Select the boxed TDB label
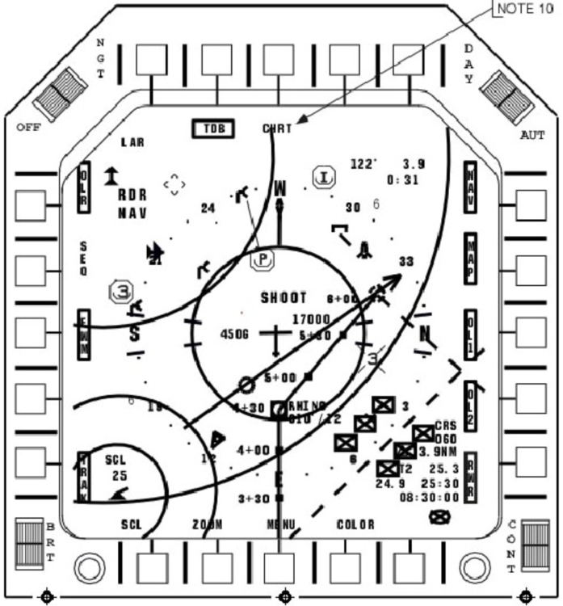(x=213, y=128)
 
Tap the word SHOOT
(x=284, y=297)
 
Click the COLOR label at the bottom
(x=355, y=524)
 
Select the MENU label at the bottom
(x=280, y=524)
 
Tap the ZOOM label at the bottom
(x=207, y=524)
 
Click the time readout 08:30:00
(x=429, y=498)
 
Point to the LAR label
(x=132, y=142)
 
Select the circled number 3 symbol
(x=121, y=291)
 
